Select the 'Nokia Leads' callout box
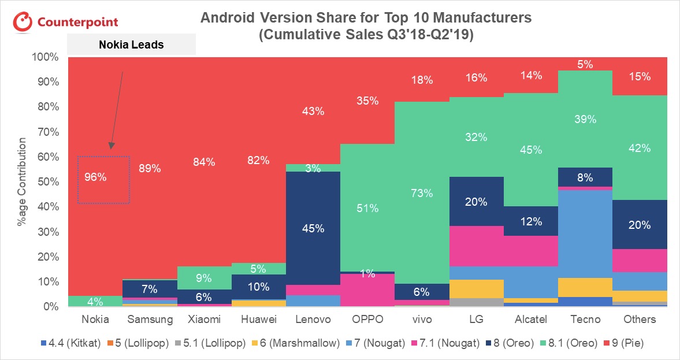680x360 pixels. (132, 44)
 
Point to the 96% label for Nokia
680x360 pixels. (95, 177)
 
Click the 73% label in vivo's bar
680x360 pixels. (422, 193)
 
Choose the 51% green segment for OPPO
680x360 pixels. (367, 208)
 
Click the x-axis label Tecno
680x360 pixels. (585, 319)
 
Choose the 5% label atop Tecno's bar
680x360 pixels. (585, 65)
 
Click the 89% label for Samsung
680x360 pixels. (150, 169)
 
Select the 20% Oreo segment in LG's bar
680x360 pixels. (476, 202)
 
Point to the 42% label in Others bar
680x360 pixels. (640, 148)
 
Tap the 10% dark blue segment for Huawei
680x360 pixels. (258, 287)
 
